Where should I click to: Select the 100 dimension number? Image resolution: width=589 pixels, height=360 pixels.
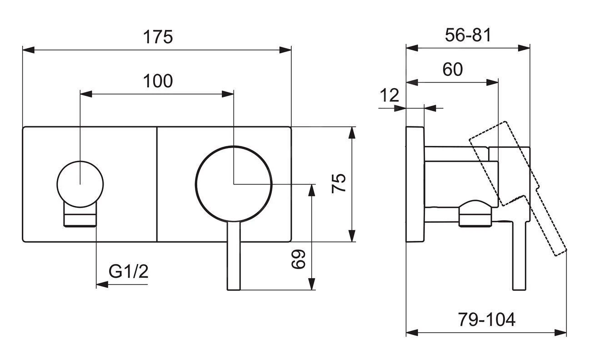(x=158, y=81)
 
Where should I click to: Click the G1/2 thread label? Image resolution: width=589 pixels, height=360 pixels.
(x=129, y=272)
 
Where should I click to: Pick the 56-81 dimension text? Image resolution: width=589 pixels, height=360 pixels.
(x=468, y=35)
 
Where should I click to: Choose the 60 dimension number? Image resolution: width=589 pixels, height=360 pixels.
(x=452, y=70)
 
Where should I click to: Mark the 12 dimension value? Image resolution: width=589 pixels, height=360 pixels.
(x=389, y=95)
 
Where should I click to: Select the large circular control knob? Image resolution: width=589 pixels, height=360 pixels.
(x=234, y=184)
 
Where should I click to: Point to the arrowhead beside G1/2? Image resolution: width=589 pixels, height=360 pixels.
(x=101, y=285)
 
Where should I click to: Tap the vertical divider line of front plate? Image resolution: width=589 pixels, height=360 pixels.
(x=156, y=184)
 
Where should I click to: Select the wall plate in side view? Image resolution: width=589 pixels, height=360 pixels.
(x=415, y=184)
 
